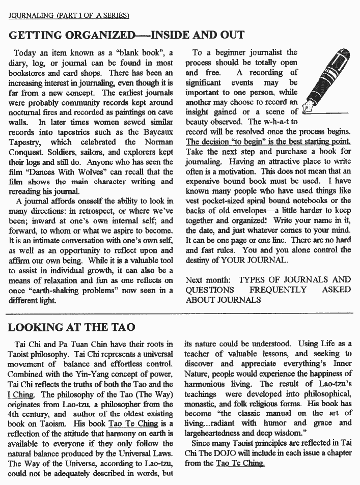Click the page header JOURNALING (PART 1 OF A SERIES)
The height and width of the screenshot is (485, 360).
click(69, 16)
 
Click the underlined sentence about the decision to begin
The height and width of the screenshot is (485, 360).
click(268, 141)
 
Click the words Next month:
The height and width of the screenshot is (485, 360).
click(208, 279)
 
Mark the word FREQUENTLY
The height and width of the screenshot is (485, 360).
click(278, 290)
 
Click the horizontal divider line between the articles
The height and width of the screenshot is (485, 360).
click(180, 313)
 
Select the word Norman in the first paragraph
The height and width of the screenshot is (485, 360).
click(157, 142)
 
